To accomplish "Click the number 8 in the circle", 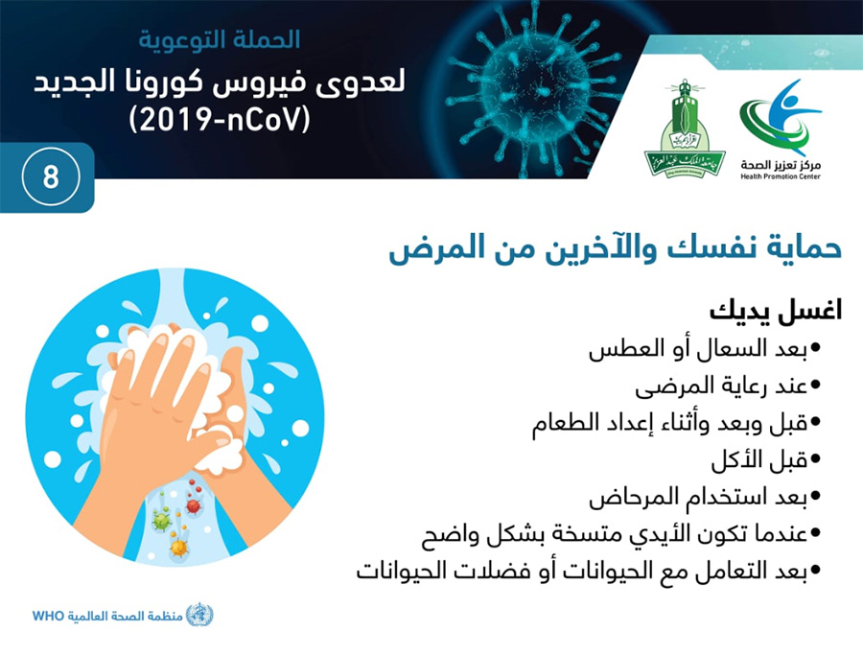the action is [51, 177].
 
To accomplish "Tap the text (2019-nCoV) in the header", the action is [220, 120].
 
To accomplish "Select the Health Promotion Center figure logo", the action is [780, 118].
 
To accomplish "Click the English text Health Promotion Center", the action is [781, 176].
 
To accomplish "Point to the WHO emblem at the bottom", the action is [199, 615].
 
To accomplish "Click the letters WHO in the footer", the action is [49, 616].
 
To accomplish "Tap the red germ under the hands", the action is [193, 503].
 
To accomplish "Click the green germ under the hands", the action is [162, 519].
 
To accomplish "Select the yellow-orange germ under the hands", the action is [178, 547].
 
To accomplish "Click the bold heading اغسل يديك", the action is [776, 312].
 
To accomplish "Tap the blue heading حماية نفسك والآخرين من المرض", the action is [616, 248].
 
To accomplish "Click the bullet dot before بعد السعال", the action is [816, 348].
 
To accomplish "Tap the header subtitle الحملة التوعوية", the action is [219, 40].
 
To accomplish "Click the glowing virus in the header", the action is [533, 88].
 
